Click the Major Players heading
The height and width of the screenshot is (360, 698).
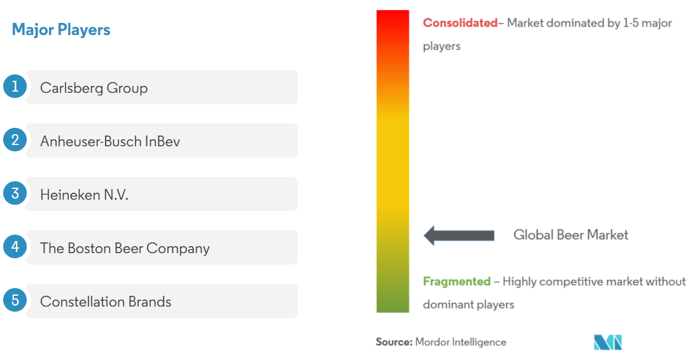click(x=61, y=29)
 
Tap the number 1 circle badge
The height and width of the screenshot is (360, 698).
click(x=15, y=87)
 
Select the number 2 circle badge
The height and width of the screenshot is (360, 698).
click(x=15, y=140)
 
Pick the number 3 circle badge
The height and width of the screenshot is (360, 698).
click(x=15, y=193)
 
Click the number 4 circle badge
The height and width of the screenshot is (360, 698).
click(x=15, y=247)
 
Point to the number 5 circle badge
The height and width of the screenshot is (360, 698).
click(x=15, y=300)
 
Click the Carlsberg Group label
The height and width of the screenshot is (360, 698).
click(x=94, y=88)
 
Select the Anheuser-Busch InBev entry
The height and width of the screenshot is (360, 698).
click(x=110, y=141)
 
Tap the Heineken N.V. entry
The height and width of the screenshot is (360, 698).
click(x=84, y=195)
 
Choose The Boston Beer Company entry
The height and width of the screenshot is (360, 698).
click(x=125, y=248)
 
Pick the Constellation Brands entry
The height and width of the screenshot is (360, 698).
click(x=106, y=301)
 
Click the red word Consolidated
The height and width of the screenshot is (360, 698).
click(x=459, y=23)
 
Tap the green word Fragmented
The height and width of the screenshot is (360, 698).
click(x=456, y=281)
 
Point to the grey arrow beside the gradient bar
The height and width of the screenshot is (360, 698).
click(x=459, y=235)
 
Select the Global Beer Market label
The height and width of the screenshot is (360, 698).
click(x=571, y=235)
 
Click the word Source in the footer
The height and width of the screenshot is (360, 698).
click(x=393, y=342)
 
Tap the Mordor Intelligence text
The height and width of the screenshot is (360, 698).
click(x=461, y=342)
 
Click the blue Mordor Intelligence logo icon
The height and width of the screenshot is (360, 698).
click(x=608, y=342)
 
